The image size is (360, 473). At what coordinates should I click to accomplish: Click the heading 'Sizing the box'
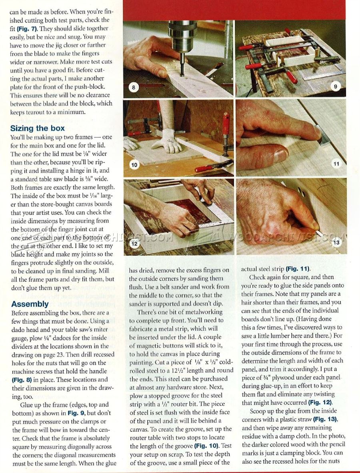click(x=37, y=128)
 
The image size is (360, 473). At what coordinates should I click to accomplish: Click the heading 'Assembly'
click(x=30, y=304)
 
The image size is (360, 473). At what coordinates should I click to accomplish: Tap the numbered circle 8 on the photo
click(x=133, y=88)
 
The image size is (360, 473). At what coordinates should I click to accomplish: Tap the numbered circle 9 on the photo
click(x=335, y=86)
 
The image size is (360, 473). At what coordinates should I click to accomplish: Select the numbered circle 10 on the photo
click(x=134, y=165)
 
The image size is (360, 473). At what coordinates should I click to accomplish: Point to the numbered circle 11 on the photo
click(x=336, y=164)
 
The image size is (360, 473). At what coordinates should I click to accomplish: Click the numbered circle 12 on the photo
click(x=134, y=244)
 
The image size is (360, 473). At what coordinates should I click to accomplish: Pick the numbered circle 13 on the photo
click(x=336, y=242)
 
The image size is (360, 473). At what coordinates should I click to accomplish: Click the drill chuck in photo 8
click(x=182, y=36)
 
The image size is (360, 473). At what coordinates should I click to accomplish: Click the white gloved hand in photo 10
click(x=168, y=141)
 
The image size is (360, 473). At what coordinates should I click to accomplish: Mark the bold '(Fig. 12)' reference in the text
click(x=320, y=403)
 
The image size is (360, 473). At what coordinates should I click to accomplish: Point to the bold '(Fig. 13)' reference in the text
click(x=325, y=419)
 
